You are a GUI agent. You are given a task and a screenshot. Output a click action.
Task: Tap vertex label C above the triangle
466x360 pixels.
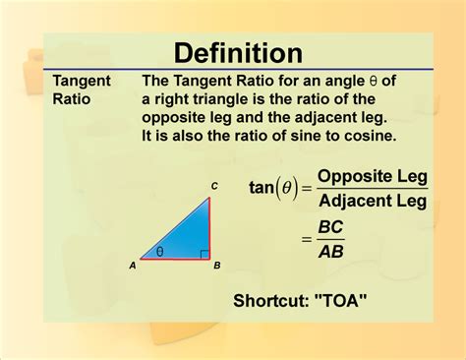coord(214,187)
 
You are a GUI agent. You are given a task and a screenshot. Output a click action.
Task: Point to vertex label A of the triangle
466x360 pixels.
coord(132,266)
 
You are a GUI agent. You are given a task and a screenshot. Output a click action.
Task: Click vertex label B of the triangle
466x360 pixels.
coord(216,266)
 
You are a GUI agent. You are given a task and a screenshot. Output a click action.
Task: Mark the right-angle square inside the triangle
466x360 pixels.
coord(204,254)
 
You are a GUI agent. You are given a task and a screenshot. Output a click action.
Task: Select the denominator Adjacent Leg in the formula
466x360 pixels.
coord(373,203)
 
